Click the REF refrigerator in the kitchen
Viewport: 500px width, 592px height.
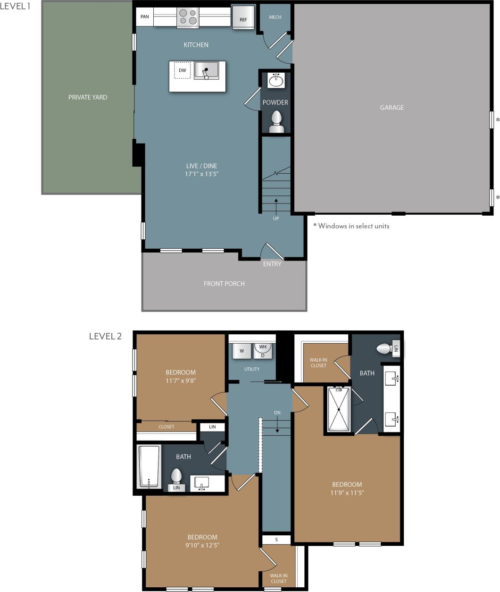click(x=243, y=18)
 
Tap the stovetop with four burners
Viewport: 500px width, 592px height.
click(x=188, y=17)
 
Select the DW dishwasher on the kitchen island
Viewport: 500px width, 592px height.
click(x=183, y=70)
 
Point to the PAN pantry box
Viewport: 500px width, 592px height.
click(x=145, y=17)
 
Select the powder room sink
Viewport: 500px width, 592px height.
click(x=275, y=81)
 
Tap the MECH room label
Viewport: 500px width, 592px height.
click(x=275, y=17)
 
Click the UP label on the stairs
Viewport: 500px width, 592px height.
click(x=276, y=219)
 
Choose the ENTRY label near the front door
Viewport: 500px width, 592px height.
click(x=272, y=264)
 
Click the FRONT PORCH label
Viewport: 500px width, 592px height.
click(x=224, y=284)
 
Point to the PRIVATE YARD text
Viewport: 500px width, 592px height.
click(x=88, y=97)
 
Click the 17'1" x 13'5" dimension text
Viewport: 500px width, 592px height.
click(x=201, y=174)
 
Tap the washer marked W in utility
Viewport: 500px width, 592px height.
click(x=242, y=351)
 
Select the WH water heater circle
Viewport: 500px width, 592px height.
click(x=263, y=347)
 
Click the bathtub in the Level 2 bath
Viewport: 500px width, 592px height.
click(x=149, y=466)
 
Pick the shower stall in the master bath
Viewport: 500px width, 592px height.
click(x=339, y=409)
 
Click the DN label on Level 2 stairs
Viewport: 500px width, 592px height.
click(x=277, y=413)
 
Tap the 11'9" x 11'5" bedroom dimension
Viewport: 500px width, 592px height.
click(x=347, y=493)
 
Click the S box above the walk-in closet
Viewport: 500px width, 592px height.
click(x=276, y=540)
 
